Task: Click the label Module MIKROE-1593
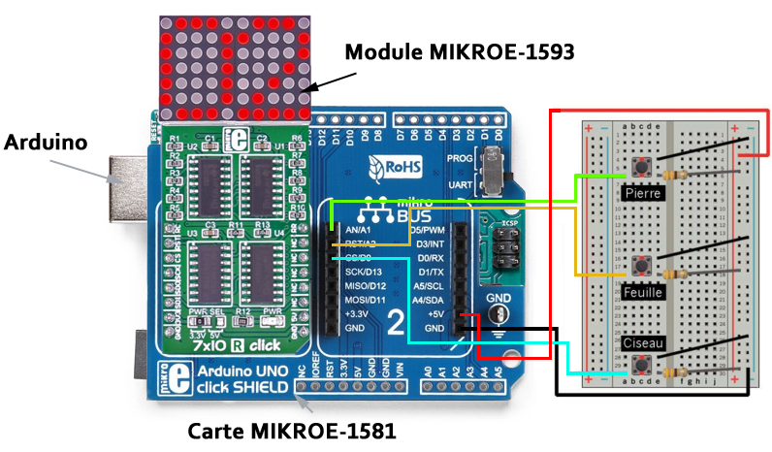pyautogui.click(x=461, y=51)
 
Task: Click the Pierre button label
pyautogui.click(x=644, y=193)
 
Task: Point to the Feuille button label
pyautogui.click(x=643, y=289)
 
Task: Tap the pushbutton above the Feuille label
pyautogui.click(x=641, y=265)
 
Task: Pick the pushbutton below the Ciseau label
pyautogui.click(x=641, y=366)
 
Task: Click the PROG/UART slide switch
pyautogui.click(x=497, y=170)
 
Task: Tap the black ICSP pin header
pyautogui.click(x=499, y=249)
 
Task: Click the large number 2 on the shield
pyautogui.click(x=397, y=321)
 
